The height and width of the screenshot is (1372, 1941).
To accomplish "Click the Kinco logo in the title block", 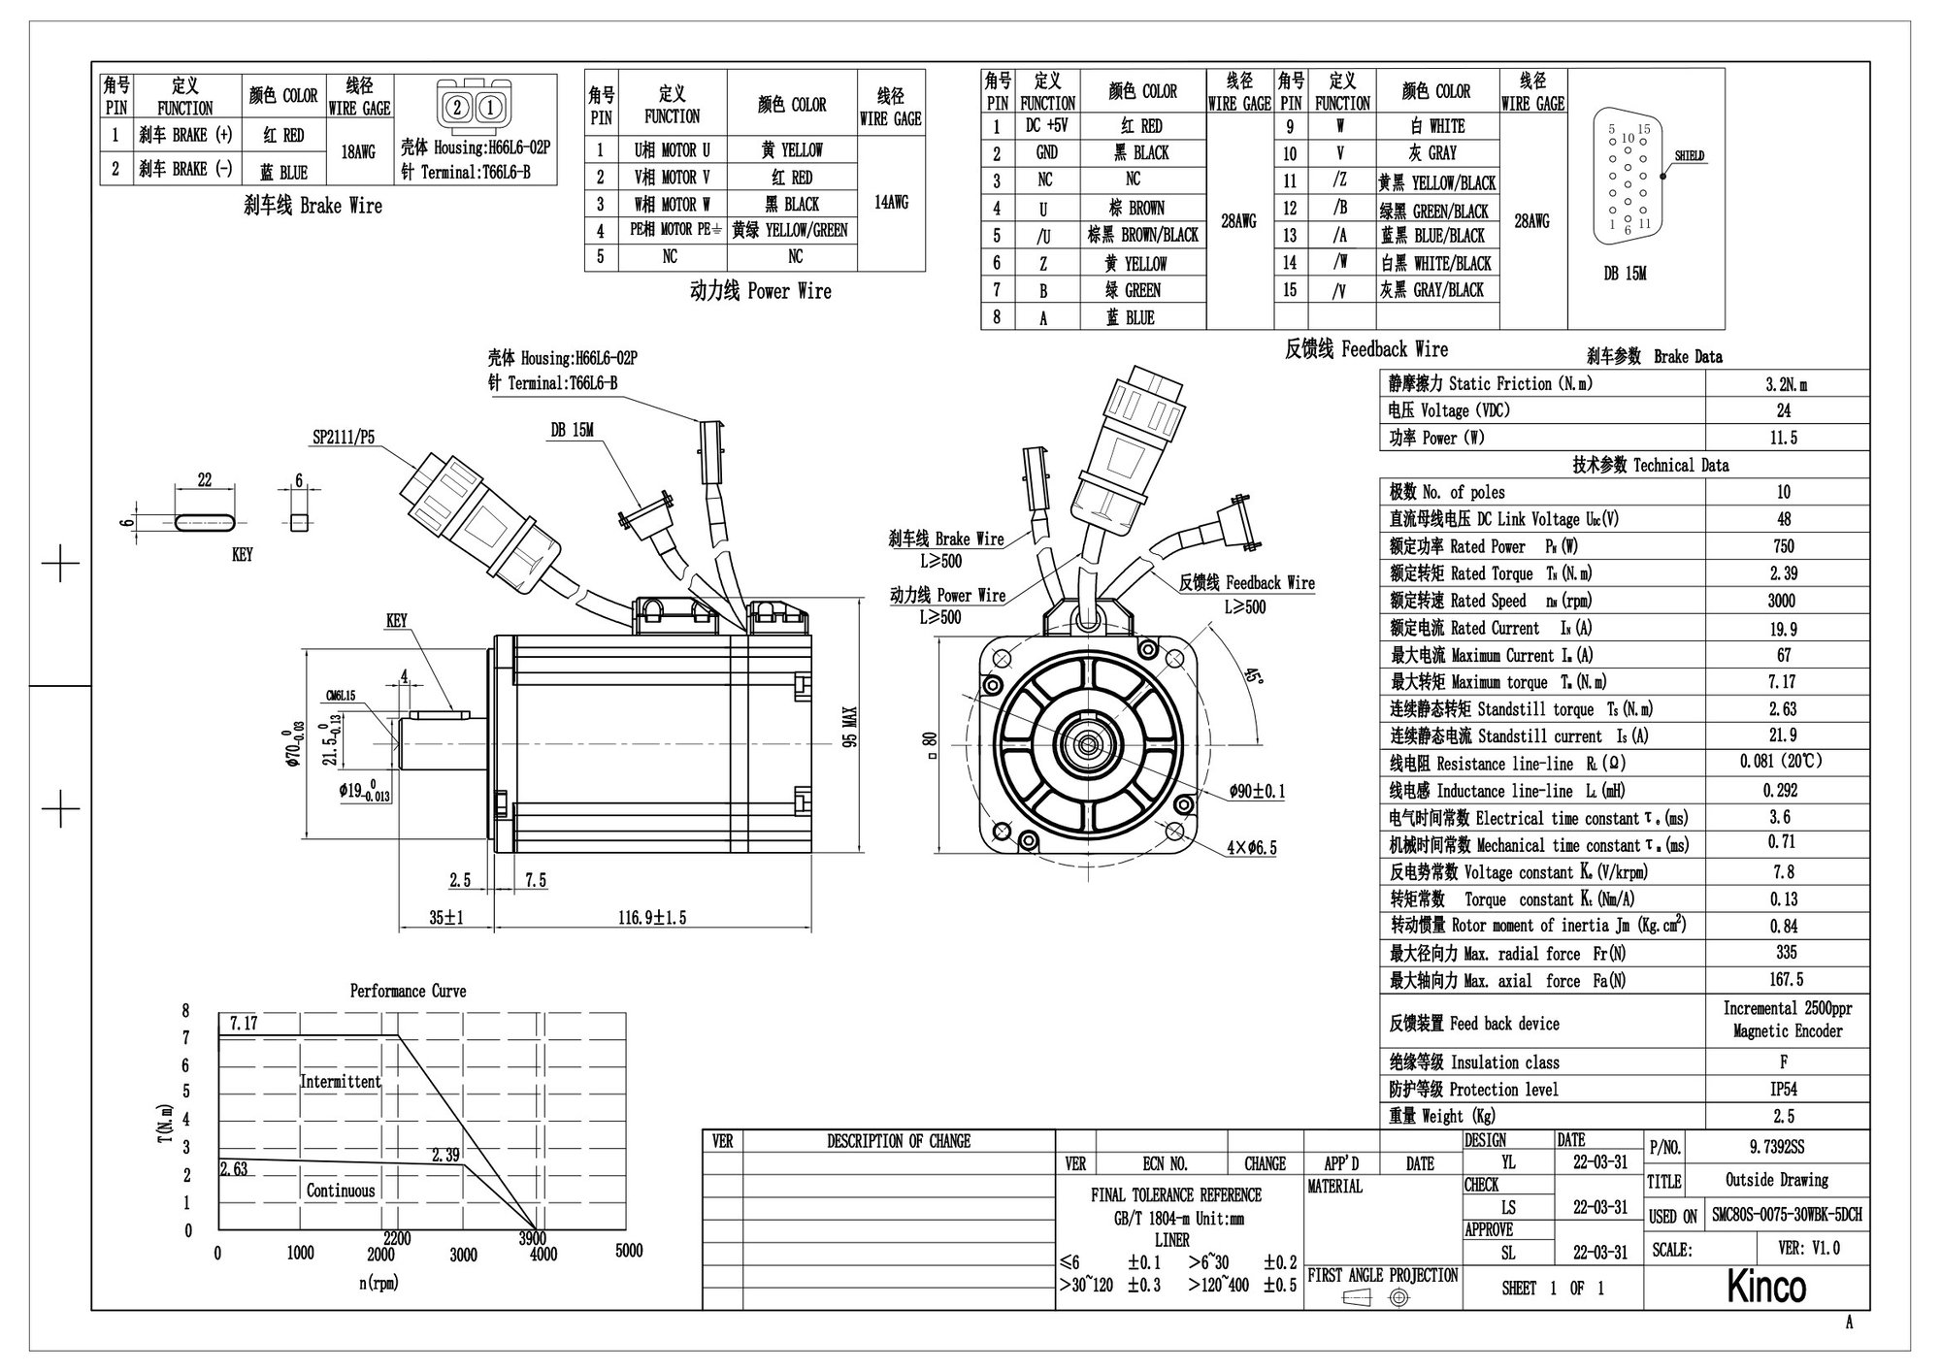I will click(1765, 1287).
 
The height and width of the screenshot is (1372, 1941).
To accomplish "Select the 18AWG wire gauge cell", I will click(358, 152).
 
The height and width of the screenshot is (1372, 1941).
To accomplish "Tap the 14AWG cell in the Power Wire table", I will click(891, 203).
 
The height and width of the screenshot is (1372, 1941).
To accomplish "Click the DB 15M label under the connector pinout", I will click(1625, 275).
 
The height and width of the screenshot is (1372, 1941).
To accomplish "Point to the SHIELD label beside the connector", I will click(1689, 156).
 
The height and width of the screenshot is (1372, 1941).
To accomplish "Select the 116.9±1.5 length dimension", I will click(652, 917).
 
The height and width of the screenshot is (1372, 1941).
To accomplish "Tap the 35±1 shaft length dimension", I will click(446, 917).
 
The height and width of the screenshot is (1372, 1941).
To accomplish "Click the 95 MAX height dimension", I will click(850, 727).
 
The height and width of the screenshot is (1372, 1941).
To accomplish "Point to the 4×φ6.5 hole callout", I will click(1251, 848).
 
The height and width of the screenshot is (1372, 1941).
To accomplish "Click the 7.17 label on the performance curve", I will click(244, 1024).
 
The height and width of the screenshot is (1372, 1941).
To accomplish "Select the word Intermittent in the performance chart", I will click(340, 1082).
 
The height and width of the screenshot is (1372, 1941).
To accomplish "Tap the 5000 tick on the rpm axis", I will click(629, 1251).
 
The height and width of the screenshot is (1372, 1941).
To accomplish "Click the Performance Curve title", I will click(408, 992).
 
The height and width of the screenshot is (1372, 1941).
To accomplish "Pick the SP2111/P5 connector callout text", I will click(343, 438).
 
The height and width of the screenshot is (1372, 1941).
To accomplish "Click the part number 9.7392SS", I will click(1777, 1147).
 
